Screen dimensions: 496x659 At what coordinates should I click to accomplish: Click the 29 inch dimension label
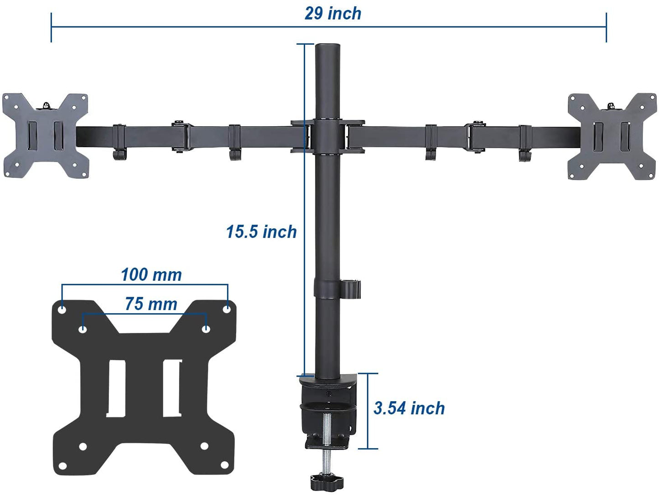point(332,14)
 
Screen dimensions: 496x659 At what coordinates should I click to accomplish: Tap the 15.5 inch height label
point(261,232)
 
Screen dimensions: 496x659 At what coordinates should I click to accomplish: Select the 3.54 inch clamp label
point(409,408)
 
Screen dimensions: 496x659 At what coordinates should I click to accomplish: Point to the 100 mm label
point(151,275)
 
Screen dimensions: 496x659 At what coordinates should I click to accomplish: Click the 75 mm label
point(151,304)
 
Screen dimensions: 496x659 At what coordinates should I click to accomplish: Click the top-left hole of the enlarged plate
point(62,310)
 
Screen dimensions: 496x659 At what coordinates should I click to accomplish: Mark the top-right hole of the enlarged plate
point(227,309)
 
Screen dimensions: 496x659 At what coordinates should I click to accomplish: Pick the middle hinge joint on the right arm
point(476,136)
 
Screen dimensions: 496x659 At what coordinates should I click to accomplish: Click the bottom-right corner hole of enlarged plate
point(224,465)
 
